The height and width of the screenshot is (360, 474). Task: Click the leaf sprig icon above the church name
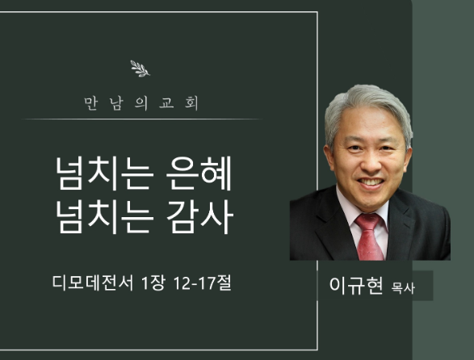point(140,69)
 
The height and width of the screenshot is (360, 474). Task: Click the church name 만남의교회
point(141,103)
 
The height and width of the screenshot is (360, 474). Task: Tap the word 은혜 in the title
point(199,174)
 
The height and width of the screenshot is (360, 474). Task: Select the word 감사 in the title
point(199,216)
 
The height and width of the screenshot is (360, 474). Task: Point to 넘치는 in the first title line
point(103,174)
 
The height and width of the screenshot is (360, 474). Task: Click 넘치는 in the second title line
point(103,216)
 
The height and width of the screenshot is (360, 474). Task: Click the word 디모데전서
point(93,283)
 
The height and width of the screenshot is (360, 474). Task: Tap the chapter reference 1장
point(153,283)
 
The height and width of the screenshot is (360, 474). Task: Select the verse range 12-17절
point(203,283)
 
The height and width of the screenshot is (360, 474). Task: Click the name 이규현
point(356,285)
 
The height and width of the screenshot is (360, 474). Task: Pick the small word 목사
point(403,288)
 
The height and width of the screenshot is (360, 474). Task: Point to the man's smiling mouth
point(371,182)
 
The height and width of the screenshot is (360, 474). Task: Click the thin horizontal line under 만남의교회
point(141,119)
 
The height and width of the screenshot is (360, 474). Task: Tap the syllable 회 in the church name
point(191,103)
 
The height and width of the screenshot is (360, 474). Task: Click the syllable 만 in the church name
point(90,103)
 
